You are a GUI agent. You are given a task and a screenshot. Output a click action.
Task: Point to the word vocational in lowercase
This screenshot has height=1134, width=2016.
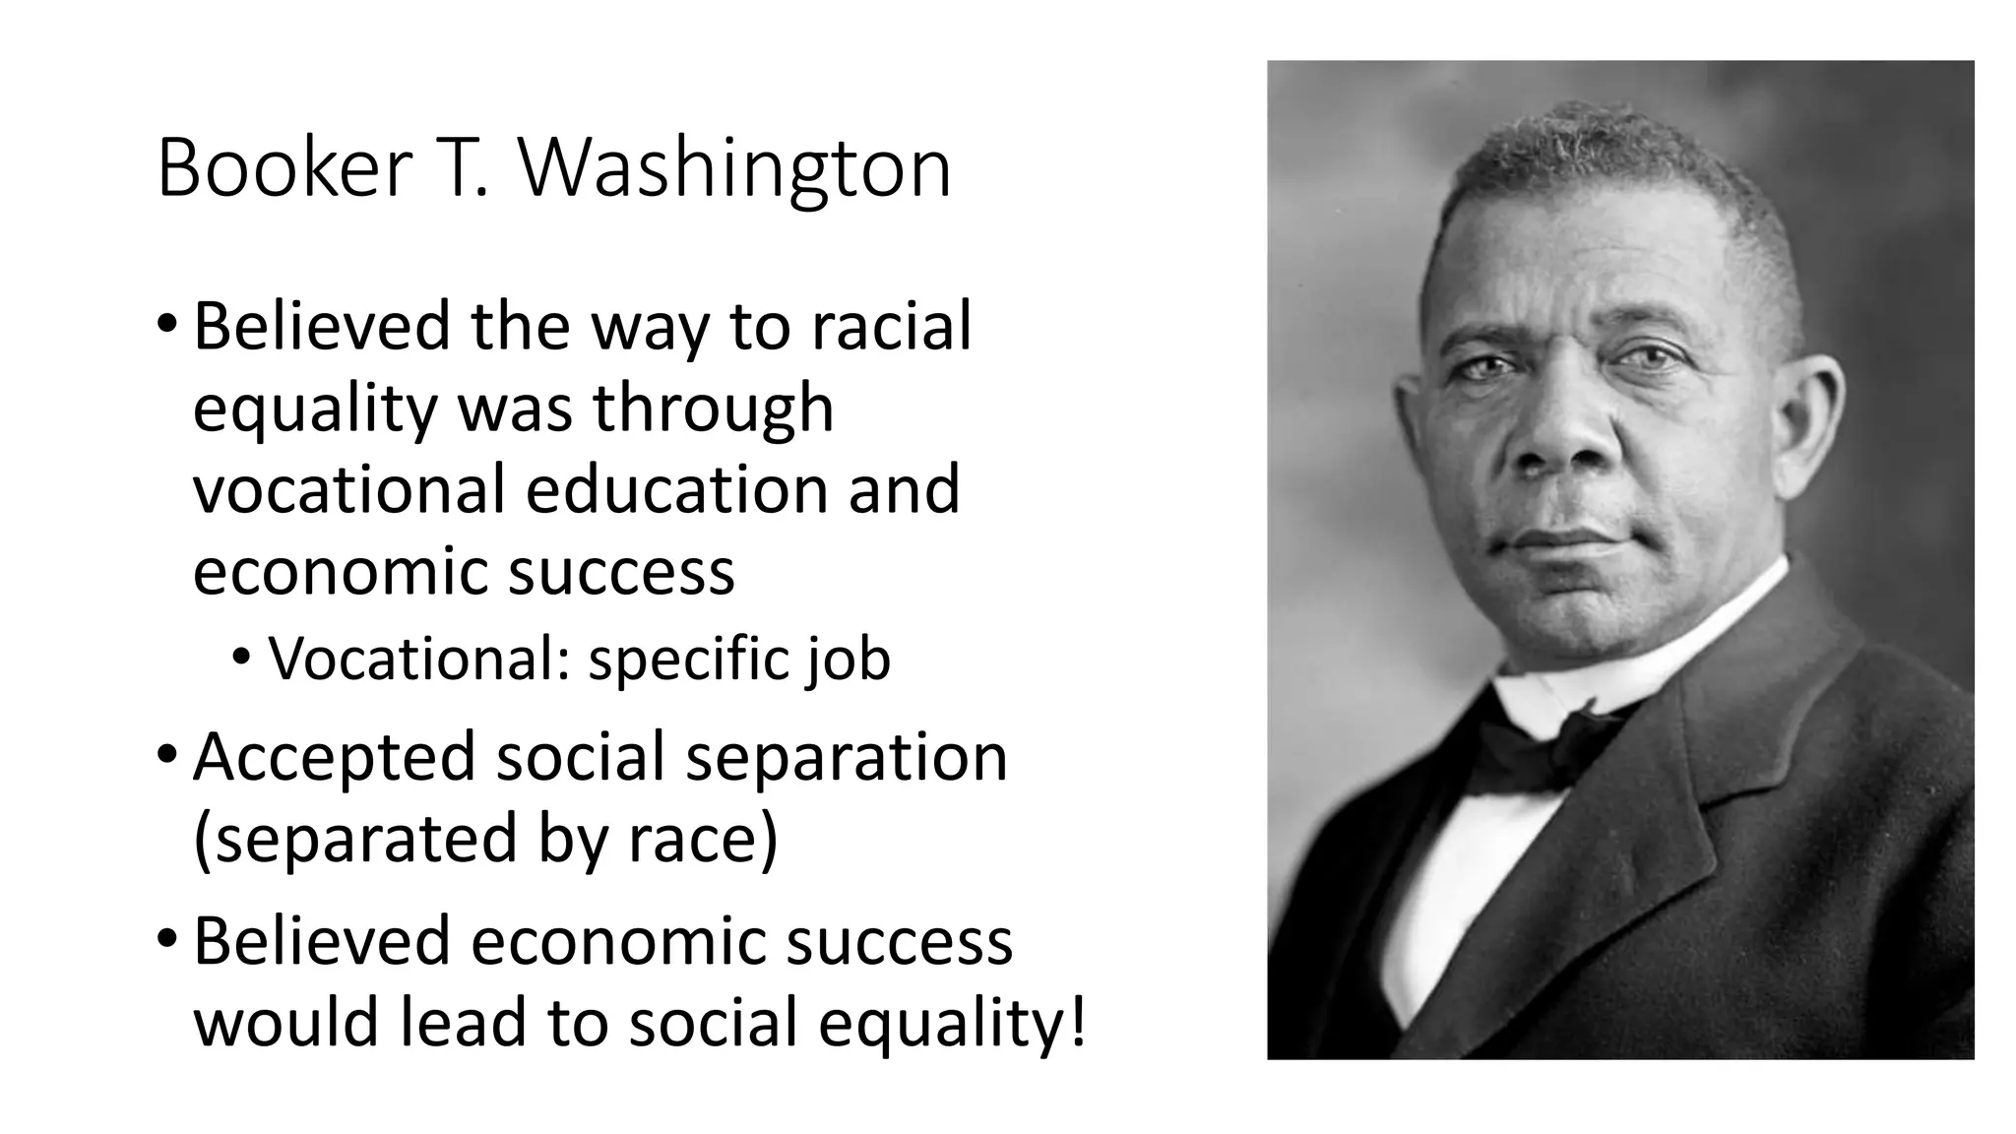coord(348,489)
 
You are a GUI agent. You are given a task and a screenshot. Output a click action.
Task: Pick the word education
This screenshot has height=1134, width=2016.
coord(677,489)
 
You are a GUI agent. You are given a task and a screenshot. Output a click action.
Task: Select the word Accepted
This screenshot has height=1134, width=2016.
coord(334,757)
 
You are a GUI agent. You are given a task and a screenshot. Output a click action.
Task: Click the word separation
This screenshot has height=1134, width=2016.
coord(846,757)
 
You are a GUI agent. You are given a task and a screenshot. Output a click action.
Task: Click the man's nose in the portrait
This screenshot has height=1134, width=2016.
coord(1555,433)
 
